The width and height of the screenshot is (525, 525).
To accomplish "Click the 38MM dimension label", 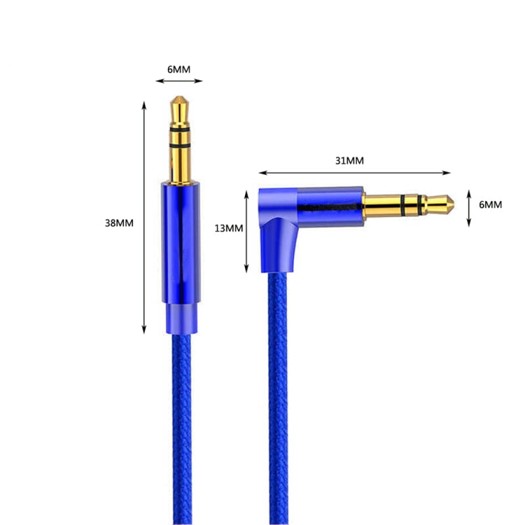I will pyautogui.click(x=119, y=223).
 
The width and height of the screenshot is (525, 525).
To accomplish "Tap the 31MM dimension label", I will pyautogui.click(x=349, y=160).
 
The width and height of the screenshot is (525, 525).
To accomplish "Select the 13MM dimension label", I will pyautogui.click(x=229, y=228).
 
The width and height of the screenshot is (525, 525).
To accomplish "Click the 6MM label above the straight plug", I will pyautogui.click(x=178, y=69).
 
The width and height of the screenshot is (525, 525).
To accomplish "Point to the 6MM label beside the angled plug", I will pyautogui.click(x=489, y=204).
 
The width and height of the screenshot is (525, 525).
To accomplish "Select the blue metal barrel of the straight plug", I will pyautogui.click(x=180, y=238).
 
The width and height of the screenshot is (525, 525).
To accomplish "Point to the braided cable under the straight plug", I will pyautogui.click(x=180, y=420).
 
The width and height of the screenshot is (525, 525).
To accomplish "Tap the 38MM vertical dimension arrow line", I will pyautogui.click(x=144, y=217).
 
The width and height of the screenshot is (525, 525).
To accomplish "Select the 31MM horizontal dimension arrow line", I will pyautogui.click(x=354, y=172).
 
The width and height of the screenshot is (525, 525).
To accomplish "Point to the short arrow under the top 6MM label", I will pyautogui.click(x=179, y=81).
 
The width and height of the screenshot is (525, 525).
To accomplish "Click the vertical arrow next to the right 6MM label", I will pyautogui.click(x=469, y=207).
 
